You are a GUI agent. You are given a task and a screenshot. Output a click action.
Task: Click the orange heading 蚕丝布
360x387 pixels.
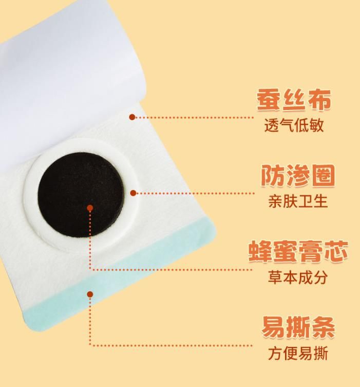294,100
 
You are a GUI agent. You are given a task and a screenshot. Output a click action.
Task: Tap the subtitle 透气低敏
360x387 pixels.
294,125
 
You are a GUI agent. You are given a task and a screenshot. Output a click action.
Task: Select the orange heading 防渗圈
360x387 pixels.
298,176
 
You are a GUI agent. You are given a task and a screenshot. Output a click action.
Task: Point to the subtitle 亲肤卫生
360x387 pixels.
298,201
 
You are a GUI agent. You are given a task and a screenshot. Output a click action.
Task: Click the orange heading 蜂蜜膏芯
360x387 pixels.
298,251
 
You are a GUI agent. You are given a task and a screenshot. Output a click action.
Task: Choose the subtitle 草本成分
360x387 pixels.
298,277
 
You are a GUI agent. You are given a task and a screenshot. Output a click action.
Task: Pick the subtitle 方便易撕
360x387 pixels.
298,353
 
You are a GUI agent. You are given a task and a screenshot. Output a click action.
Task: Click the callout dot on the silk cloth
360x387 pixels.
132,117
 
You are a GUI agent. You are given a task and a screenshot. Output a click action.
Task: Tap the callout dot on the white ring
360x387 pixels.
133,193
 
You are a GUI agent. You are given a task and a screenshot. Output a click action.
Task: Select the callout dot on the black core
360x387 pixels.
90,208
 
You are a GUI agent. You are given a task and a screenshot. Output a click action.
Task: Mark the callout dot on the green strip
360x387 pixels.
90,294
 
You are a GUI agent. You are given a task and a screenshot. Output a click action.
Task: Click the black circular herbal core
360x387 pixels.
81,195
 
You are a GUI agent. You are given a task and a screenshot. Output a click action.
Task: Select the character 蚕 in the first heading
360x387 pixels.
268,100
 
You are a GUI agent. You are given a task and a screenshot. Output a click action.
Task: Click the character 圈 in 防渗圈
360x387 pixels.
323,176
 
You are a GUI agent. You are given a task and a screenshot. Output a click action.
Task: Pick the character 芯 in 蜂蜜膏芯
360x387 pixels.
336,251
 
